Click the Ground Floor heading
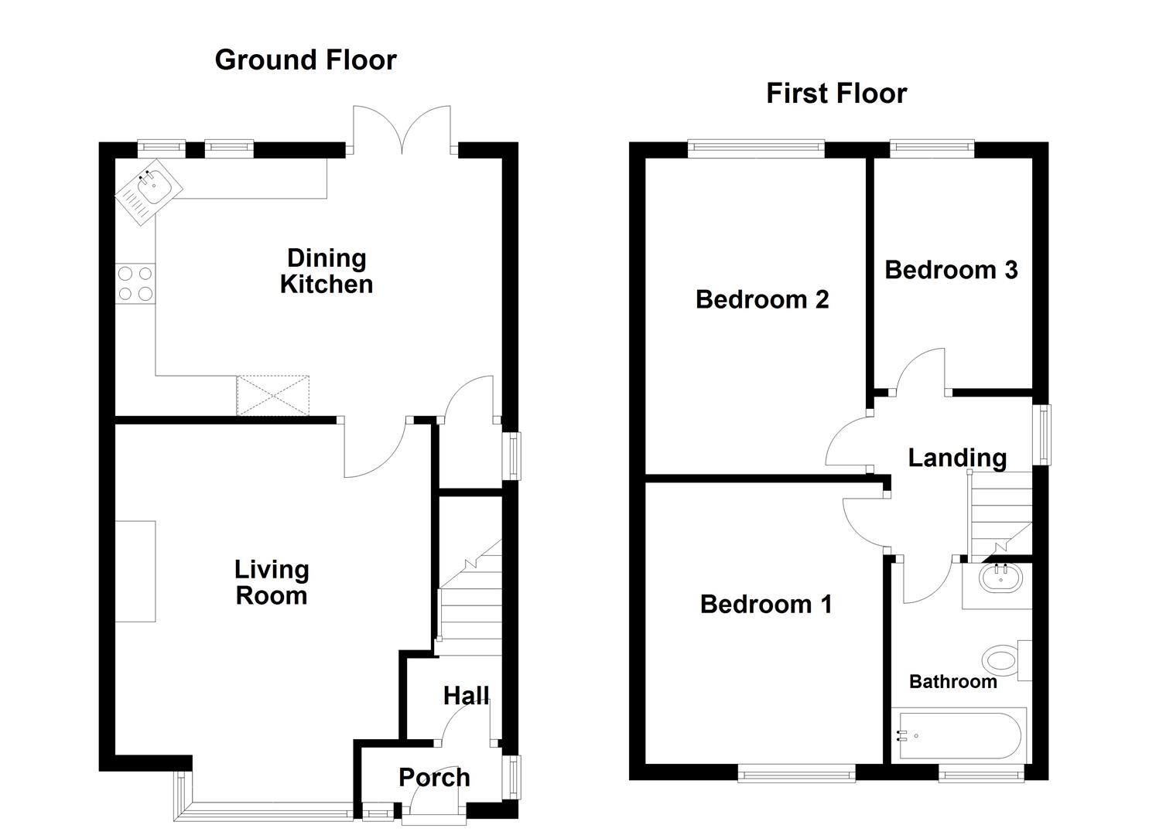pyautogui.click(x=306, y=60)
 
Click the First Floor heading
pyautogui.click(x=836, y=93)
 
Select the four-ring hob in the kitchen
pyautogui.click(x=135, y=283)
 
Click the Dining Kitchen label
pyautogui.click(x=326, y=271)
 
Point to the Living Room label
pyautogui.click(x=272, y=582)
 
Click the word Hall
pyautogui.click(x=466, y=695)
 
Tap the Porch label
pyautogui.click(x=434, y=777)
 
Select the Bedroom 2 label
pyautogui.click(x=762, y=298)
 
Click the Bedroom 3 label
pyautogui.click(x=951, y=269)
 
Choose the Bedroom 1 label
pyautogui.click(x=766, y=603)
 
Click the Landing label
pyautogui.click(x=957, y=457)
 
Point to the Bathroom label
pyautogui.click(x=952, y=681)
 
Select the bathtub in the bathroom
pyautogui.click(x=959, y=734)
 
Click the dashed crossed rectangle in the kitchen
pyautogui.click(x=273, y=395)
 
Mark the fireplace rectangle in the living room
pyautogui.click(x=135, y=571)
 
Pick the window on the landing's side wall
pyautogui.click(x=1044, y=434)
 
